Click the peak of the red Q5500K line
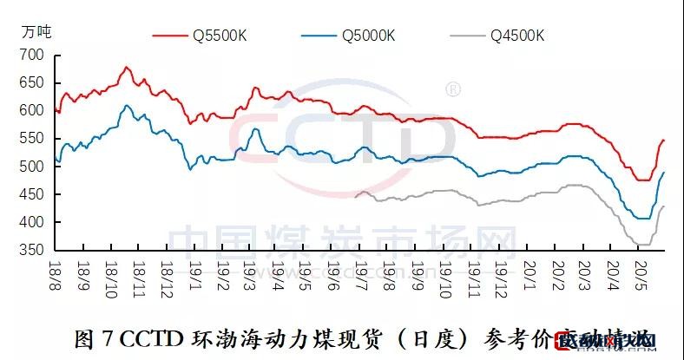tap(127, 67)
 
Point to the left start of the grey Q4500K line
tap(356, 197)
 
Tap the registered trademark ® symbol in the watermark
tap(452, 88)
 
